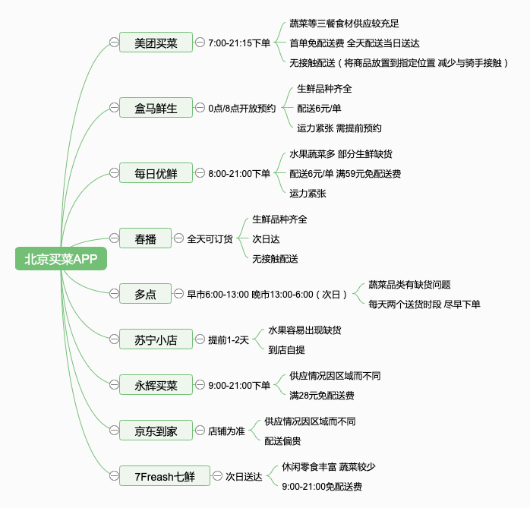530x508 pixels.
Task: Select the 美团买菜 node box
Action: pos(156,43)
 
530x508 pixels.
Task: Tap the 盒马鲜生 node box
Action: pos(156,109)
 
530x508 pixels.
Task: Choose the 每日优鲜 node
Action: pos(156,174)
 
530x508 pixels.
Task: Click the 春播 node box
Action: pos(145,239)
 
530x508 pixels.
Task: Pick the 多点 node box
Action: pos(145,294)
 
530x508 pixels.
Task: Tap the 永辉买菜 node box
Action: pos(156,385)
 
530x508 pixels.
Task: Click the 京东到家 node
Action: pos(156,431)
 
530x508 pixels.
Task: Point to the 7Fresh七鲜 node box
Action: pos(164,477)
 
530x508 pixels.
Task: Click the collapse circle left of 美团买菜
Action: pos(113,43)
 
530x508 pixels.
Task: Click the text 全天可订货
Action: pos(210,239)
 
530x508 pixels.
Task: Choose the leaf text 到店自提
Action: pos(286,350)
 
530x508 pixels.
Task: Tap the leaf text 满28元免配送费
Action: pos(321,395)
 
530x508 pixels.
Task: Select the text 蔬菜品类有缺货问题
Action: pos(409,285)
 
